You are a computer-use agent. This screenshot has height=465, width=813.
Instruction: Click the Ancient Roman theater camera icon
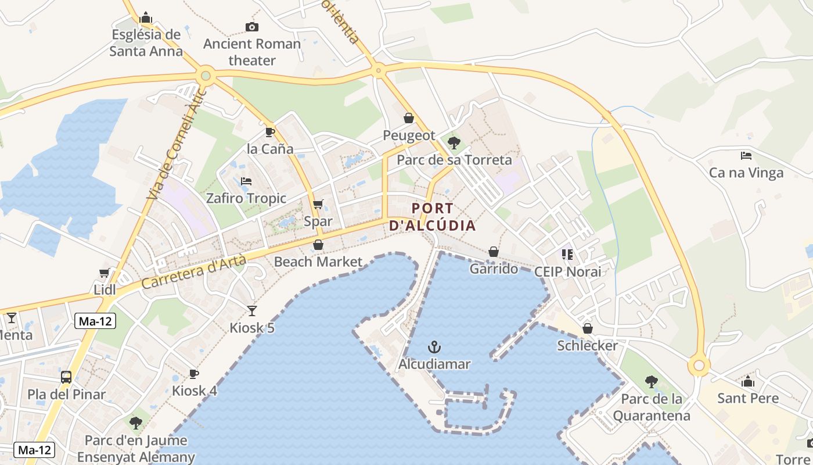251,27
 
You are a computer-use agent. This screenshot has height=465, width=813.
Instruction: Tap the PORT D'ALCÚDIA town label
433,217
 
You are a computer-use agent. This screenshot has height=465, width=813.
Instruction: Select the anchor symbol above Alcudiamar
434,348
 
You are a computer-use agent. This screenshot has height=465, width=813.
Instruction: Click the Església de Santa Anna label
146,42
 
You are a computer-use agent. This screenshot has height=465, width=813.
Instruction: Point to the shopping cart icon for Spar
318,205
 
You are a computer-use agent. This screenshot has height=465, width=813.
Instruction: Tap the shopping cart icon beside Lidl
105,273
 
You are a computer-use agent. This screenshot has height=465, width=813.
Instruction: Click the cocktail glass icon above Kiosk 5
251,310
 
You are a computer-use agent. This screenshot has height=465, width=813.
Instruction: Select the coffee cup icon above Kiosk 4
194,373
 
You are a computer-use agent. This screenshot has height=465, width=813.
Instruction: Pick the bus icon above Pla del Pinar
66,377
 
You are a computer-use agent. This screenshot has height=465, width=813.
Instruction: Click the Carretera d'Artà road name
194,272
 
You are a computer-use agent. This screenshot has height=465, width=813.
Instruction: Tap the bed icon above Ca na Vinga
746,155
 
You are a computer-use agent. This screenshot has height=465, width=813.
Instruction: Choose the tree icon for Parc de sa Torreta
454,142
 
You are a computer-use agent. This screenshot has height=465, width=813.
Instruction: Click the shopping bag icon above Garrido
493,252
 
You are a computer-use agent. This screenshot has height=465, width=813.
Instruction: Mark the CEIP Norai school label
567,271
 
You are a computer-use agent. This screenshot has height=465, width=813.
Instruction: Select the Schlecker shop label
587,345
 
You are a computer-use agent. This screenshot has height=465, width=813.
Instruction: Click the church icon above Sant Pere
747,382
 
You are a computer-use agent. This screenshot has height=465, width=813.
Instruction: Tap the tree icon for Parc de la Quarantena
652,382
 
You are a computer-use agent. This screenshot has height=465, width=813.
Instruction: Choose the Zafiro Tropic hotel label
246,198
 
